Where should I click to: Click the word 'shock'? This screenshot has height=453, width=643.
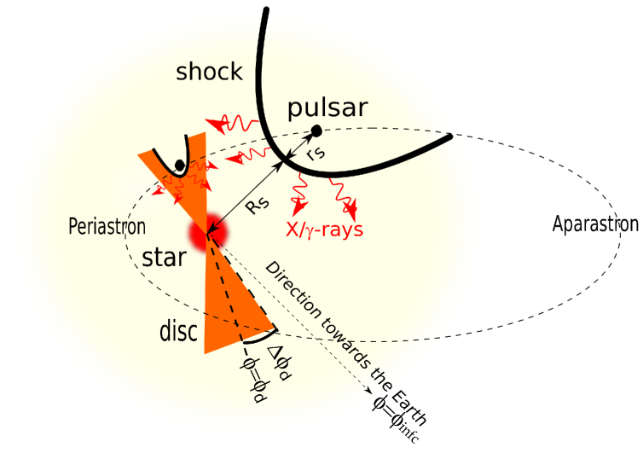[x=209, y=72]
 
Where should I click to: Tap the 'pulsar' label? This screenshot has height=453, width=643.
[x=327, y=108]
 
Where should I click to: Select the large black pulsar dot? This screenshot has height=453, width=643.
[x=316, y=131]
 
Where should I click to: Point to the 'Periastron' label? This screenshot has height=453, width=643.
[x=107, y=227]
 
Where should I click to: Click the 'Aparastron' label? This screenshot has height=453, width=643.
[x=594, y=224]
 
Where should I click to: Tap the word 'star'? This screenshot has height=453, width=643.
[x=165, y=256]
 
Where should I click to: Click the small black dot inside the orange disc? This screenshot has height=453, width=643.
[x=179, y=165]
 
